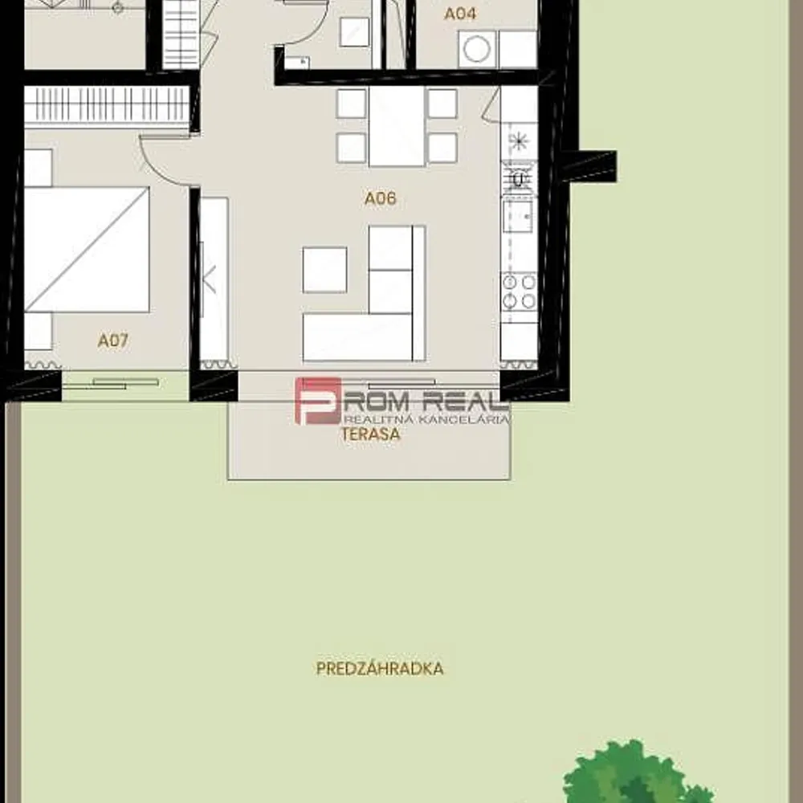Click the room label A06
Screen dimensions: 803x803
[x=380, y=198]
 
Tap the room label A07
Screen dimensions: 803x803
[x=112, y=340]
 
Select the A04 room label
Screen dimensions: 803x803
[x=460, y=14]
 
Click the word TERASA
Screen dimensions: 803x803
[x=371, y=434]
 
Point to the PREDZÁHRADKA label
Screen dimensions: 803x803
[x=380, y=668]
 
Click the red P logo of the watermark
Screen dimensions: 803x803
[x=317, y=401]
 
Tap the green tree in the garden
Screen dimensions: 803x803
[x=635, y=772]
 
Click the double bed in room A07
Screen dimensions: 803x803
[x=87, y=250]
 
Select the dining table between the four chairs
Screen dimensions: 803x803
[x=397, y=126]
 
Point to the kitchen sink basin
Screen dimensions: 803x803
[x=517, y=216]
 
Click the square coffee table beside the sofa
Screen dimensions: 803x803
[x=324, y=270]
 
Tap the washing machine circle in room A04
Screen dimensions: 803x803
[x=477, y=49]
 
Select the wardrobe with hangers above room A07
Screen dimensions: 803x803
[x=107, y=105]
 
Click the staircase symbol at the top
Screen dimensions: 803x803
[x=181, y=35]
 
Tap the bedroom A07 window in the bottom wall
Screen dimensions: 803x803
[x=125, y=385]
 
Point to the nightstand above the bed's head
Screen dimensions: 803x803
[x=39, y=168]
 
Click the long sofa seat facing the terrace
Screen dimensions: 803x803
[x=357, y=337]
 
